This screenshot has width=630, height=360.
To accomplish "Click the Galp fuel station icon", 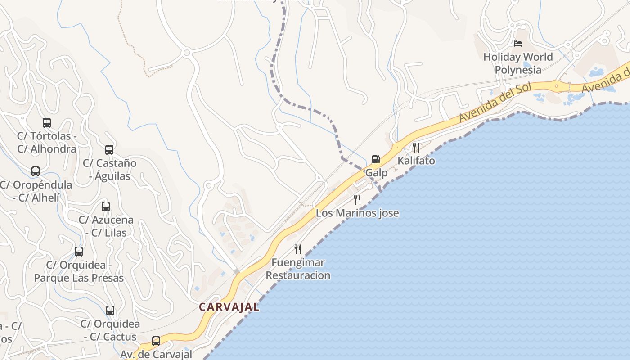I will [376, 159].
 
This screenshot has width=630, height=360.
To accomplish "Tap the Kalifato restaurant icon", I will [416, 147].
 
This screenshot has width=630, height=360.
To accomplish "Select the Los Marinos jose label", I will [357, 213].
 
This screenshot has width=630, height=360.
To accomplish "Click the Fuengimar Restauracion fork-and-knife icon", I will [297, 249].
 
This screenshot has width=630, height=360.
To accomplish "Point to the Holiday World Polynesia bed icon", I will [518, 44].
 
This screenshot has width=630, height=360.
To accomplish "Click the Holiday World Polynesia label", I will [518, 63].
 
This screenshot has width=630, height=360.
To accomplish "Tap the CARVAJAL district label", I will [229, 307].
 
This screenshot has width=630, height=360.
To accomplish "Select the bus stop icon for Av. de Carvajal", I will [156, 341].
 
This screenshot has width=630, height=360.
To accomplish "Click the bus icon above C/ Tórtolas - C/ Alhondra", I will [47, 122].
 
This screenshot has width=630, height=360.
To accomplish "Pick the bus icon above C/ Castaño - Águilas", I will [109, 149].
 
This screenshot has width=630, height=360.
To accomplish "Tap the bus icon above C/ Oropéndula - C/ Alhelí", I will [36, 171].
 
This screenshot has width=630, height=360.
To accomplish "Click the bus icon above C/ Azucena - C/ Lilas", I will [106, 207].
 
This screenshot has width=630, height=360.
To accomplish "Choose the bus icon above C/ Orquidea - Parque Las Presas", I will [79, 252].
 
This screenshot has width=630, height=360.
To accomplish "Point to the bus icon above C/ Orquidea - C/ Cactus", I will [110, 310].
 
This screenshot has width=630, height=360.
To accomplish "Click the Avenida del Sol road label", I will [495, 103].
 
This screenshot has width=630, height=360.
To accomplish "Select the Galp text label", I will [376, 173].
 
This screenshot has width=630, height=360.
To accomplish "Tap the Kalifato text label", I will [416, 161].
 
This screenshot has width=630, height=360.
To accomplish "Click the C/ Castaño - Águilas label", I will [110, 169].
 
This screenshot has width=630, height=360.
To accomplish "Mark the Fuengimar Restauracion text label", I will [298, 269].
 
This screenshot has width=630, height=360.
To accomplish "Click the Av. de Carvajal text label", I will [156, 354].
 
